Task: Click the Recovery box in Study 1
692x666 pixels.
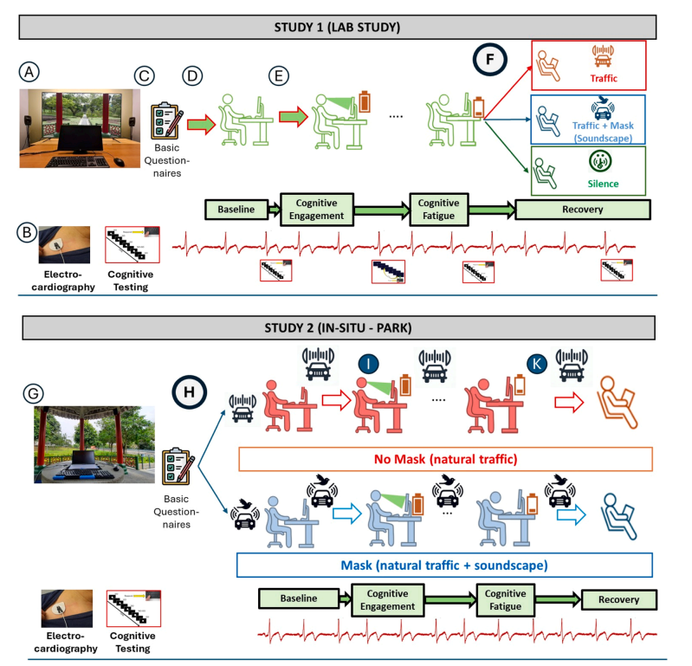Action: click(x=582, y=210)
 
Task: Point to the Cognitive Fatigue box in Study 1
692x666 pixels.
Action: click(x=440, y=210)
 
